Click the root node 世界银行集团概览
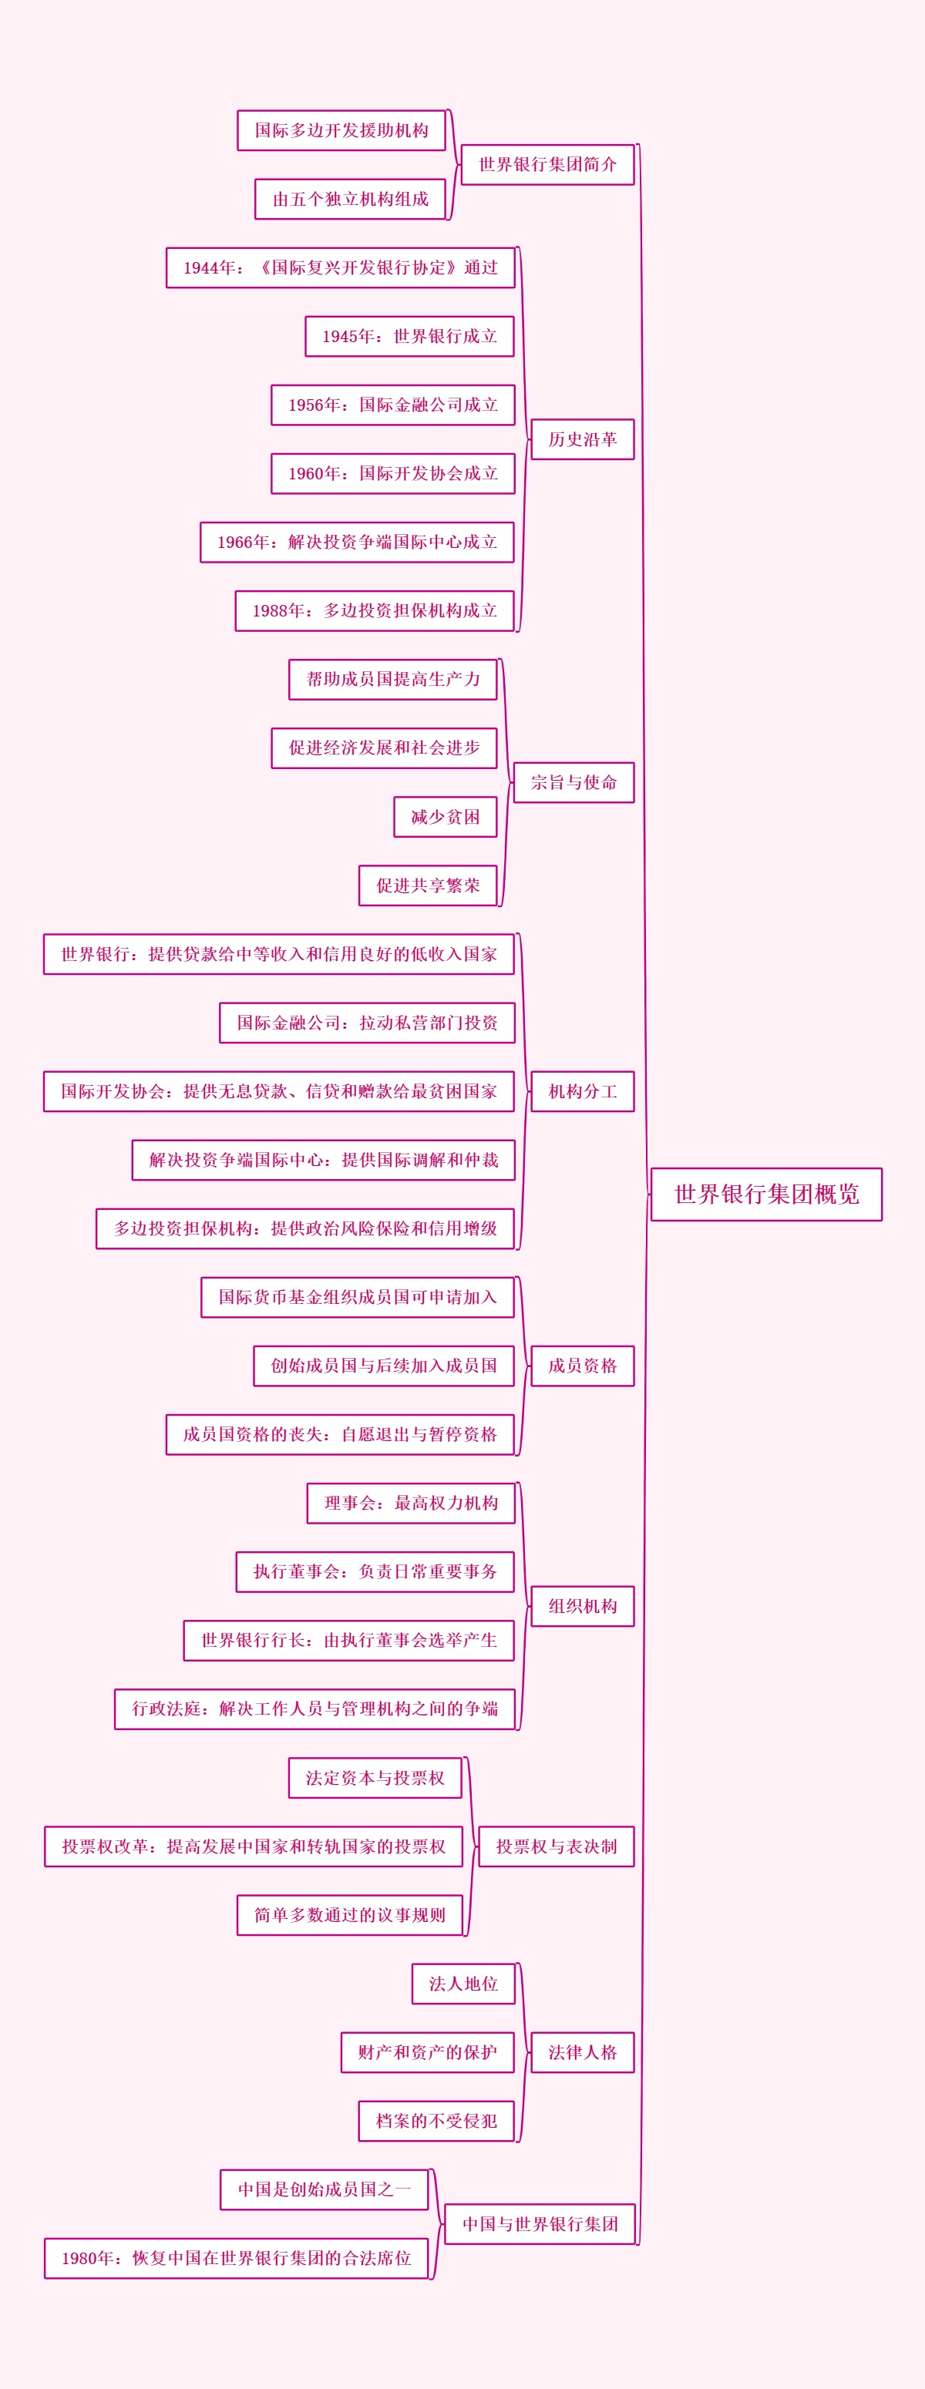pos(766,1194)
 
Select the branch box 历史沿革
pos(582,438)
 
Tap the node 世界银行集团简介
pos(547,164)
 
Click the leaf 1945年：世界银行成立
pos(409,336)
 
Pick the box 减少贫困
pos(446,816)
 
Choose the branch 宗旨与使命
pos(573,781)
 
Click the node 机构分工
pos(582,1090)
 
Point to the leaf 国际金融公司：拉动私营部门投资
pos(368,1022)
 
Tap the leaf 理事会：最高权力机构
pos(411,1503)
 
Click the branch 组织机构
pos(582,1605)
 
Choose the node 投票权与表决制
pos(556,1846)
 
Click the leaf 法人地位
pos(463,1983)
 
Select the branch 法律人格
pos(582,2051)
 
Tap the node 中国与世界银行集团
pos(540,2223)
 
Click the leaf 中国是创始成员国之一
pos(324,2189)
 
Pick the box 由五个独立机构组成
pos(350,199)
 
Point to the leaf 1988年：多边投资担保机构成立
pos(375,610)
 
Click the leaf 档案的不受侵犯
pos(436,2120)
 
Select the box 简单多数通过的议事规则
pos(350,1914)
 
